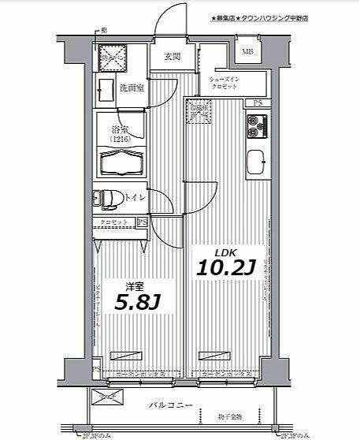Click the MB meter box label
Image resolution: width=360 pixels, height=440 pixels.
click(x=247, y=54)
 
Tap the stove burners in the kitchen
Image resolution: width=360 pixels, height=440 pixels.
click(x=258, y=124)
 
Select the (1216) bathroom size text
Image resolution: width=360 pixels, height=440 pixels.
click(x=120, y=139)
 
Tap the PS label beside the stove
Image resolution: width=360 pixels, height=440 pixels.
click(x=258, y=103)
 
